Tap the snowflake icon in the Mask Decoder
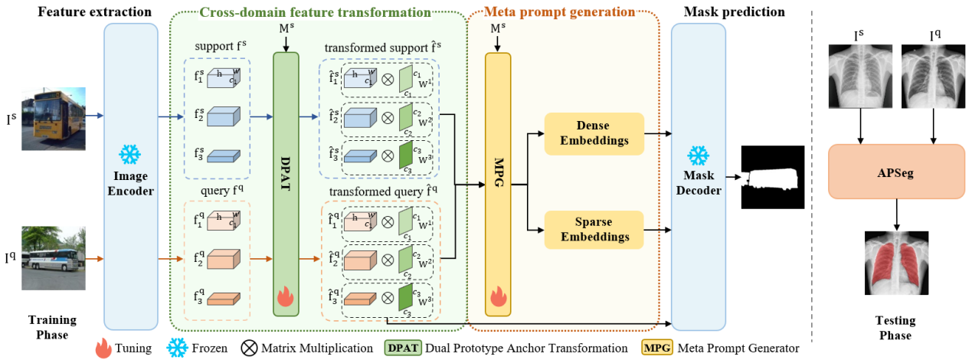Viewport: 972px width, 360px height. (698, 156)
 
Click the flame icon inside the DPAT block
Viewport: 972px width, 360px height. (285, 296)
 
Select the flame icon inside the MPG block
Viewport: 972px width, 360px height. (497, 296)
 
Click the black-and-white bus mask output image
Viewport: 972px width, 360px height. (773, 177)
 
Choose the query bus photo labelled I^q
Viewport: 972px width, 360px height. (54, 258)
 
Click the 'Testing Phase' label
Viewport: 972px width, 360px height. (895, 329)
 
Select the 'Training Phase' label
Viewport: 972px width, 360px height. (52, 328)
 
